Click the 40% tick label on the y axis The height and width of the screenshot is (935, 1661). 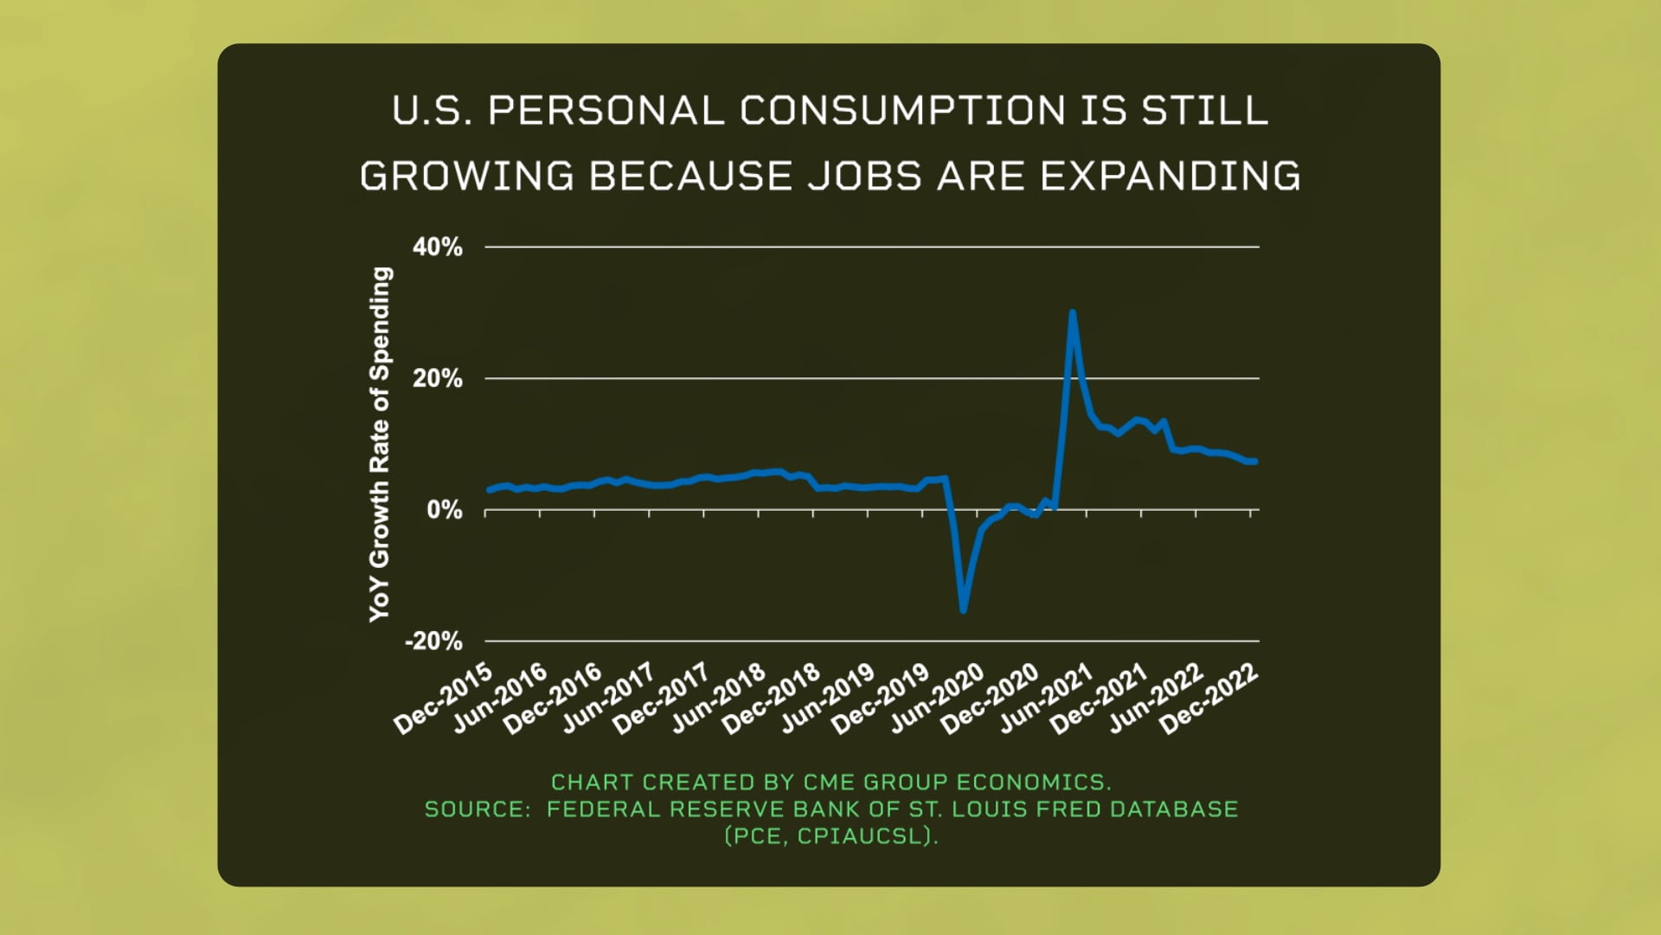click(x=437, y=248)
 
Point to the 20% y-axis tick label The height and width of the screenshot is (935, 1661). click(x=437, y=379)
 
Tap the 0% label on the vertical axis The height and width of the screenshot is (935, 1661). click(x=444, y=511)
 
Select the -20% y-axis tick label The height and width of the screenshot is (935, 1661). click(x=433, y=642)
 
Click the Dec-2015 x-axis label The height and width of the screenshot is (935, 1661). click(x=443, y=699)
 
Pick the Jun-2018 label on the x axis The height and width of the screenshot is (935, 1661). click(x=718, y=699)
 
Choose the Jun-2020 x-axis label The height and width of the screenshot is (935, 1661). click(x=937, y=699)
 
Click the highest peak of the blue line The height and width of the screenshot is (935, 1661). click(x=1073, y=313)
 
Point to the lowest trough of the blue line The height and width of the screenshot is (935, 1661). click(x=963, y=609)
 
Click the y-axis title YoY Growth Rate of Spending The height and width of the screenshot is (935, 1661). click(x=380, y=444)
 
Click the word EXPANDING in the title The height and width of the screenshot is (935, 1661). click(x=1170, y=176)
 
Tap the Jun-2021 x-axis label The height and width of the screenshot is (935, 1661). click(x=1046, y=699)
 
